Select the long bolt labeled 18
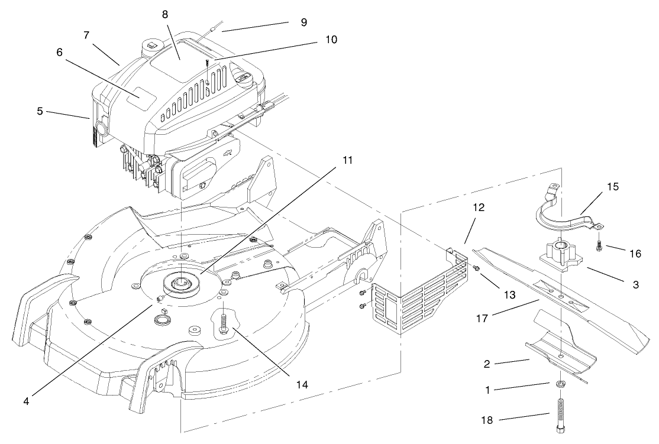560,414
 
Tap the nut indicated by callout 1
560,385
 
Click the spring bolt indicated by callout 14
224,325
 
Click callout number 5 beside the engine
40,111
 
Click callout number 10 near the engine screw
331,40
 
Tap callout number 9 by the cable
303,22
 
